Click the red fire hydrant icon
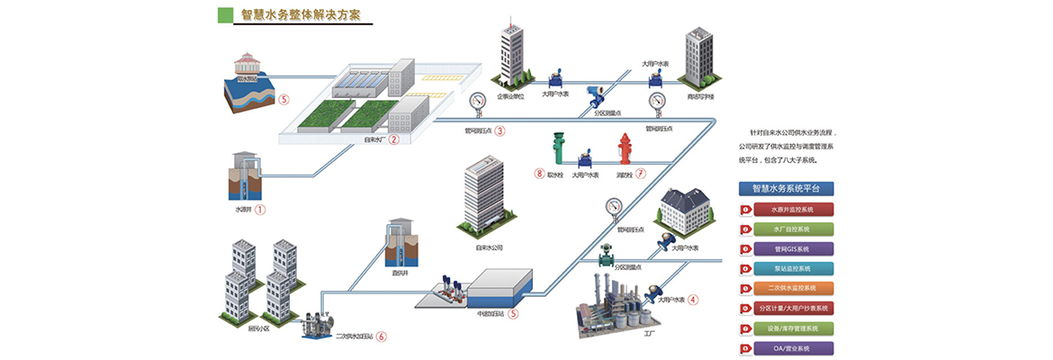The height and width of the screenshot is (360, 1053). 625,150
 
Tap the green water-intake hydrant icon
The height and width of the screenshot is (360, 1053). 558,149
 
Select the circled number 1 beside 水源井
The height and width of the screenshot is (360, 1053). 261,210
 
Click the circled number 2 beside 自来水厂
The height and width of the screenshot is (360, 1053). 393,140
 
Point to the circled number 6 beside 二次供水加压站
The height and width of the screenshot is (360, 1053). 381,337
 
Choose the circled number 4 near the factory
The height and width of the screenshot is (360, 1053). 693,300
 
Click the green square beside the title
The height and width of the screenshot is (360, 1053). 225,15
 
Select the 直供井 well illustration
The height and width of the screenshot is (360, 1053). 400,244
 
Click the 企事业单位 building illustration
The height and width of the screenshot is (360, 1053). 513,55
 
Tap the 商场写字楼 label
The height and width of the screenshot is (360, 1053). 700,96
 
